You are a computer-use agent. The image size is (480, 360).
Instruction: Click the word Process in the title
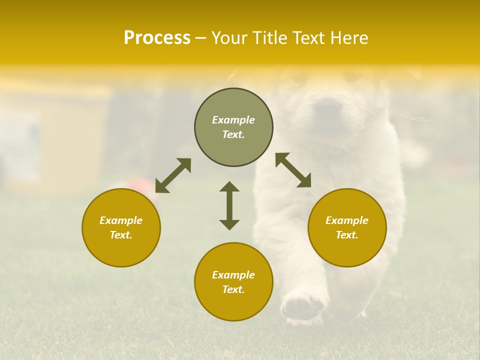[157, 38]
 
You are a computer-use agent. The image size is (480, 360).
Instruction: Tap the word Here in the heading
[348, 38]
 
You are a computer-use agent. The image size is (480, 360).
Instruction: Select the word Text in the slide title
[308, 38]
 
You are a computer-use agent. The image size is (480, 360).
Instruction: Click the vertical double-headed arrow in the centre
[229, 205]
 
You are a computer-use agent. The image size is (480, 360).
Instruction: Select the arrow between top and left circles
[173, 175]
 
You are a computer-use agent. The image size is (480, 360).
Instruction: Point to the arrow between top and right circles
[293, 170]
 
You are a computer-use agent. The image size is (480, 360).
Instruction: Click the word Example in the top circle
[233, 120]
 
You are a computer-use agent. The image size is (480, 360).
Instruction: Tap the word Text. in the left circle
[121, 235]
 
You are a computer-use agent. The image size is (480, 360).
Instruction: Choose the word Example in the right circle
[347, 220]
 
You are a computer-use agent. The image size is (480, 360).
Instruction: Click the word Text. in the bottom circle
[233, 289]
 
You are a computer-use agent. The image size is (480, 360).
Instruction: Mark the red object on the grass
[141, 184]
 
